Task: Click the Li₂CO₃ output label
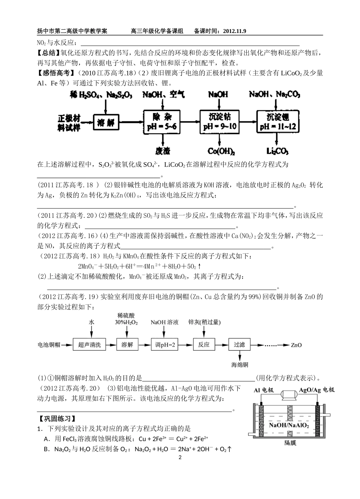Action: pyautogui.click(x=277, y=151)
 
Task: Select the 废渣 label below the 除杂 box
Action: pyautogui.click(x=163, y=151)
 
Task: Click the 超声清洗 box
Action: pyautogui.click(x=89, y=345)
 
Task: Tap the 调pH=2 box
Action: pyautogui.click(x=164, y=345)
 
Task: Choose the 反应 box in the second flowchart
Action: pyautogui.click(x=203, y=345)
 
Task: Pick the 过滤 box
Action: pyautogui.click(x=239, y=345)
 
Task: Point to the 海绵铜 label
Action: pyautogui.click(x=240, y=365)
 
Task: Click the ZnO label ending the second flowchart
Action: pyautogui.click(x=296, y=345)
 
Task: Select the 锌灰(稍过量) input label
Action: pyautogui.click(x=205, y=322)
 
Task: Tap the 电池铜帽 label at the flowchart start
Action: pyautogui.click(x=49, y=345)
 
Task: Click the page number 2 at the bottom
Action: pyautogui.click(x=180, y=458)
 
